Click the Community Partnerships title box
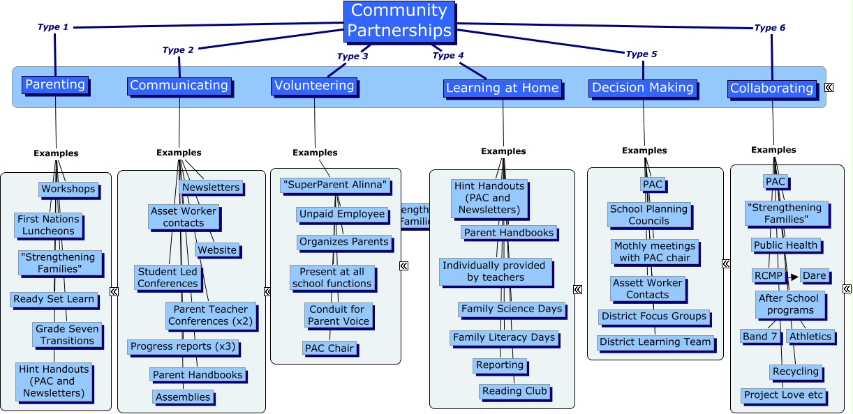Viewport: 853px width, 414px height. point(399,21)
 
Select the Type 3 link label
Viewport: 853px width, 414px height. point(352,56)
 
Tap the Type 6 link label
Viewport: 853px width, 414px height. point(769,28)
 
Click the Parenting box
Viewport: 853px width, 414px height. point(54,85)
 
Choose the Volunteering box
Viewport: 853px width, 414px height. point(314,86)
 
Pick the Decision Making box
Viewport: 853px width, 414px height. point(642,88)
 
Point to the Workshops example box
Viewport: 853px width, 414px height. point(68,189)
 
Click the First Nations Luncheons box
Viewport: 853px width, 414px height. point(49,225)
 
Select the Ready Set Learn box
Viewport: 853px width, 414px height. point(53,300)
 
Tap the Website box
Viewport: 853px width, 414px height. point(217,250)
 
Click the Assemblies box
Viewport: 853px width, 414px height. point(183,397)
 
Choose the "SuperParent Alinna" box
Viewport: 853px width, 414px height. point(334,185)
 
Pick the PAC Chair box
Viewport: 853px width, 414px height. point(330,348)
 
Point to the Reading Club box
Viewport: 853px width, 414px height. point(514,391)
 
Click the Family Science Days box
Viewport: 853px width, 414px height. point(511,309)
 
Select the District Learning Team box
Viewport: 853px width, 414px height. point(655,342)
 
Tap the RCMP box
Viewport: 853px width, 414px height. point(764,276)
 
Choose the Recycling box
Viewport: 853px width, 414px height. point(795,372)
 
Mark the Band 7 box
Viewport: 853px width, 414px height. point(759,337)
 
